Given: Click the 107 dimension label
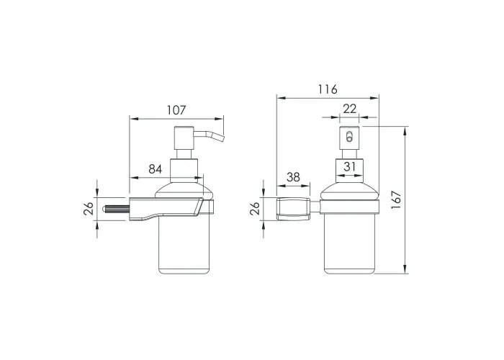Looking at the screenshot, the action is [x=176, y=110].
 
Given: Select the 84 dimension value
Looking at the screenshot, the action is [x=156, y=168].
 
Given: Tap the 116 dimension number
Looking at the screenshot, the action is [x=328, y=89].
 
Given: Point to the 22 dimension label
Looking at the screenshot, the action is [x=349, y=109].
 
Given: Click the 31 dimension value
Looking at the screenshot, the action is [x=350, y=166].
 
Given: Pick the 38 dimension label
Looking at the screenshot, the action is [x=293, y=177].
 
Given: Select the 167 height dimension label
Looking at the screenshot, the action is [x=396, y=200].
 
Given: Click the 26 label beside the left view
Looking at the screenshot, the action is [x=89, y=208].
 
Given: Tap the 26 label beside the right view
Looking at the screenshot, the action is [x=255, y=208].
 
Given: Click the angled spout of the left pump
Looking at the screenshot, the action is [x=209, y=135].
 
